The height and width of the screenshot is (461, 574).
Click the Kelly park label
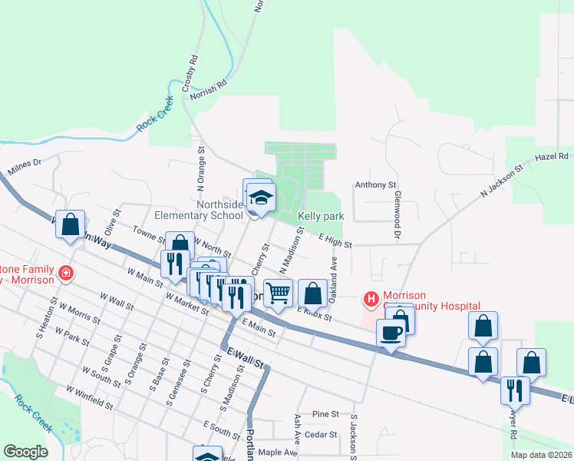(x=322, y=217)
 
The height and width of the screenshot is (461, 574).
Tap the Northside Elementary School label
(x=198, y=210)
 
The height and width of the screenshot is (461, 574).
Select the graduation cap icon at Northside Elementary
(x=261, y=197)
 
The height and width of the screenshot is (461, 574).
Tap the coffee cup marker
(x=391, y=333)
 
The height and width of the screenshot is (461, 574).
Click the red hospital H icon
(x=371, y=298)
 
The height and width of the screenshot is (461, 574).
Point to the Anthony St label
(x=374, y=185)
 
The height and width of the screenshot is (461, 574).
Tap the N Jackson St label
(x=501, y=181)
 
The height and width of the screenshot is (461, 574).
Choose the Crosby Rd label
(x=190, y=73)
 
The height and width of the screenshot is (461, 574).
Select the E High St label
(x=335, y=241)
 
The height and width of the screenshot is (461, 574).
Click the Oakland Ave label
(x=334, y=274)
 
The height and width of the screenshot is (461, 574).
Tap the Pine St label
(x=325, y=414)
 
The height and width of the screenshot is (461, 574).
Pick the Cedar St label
(x=322, y=435)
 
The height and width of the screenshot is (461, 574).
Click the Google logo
(x=25, y=452)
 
